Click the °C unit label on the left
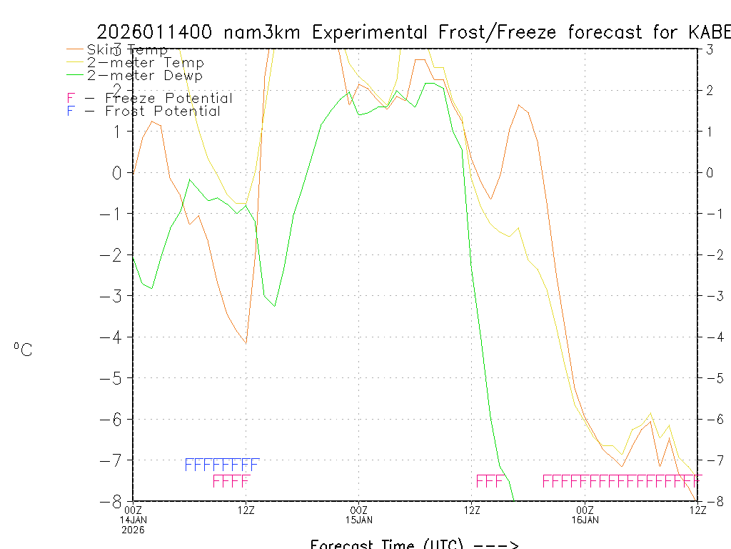coord(23,350)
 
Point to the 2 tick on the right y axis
coord(710,90)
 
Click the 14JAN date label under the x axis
coord(133,518)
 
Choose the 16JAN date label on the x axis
coord(585,518)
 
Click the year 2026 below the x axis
coord(133,529)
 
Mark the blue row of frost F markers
coord(221,465)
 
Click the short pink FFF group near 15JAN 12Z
coord(490,480)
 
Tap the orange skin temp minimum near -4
coord(246,342)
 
